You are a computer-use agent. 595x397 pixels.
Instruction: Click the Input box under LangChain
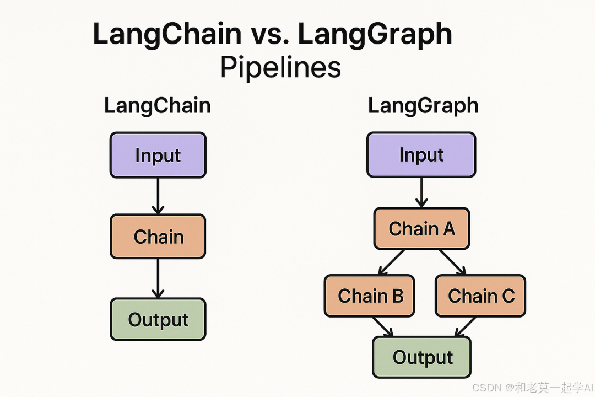[x=158, y=155]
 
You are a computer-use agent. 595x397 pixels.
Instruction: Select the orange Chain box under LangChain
[x=158, y=237]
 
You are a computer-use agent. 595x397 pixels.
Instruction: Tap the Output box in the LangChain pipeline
[x=158, y=319]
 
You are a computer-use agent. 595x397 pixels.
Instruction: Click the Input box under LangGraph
[x=421, y=155]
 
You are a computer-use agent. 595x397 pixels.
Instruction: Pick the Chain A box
[x=421, y=228]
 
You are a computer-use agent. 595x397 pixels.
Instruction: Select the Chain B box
[x=370, y=296]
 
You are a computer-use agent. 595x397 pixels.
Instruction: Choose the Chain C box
[x=480, y=296]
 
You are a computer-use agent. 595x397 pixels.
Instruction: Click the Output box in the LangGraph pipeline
[x=422, y=357]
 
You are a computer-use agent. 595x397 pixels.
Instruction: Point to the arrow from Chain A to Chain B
[x=392, y=261]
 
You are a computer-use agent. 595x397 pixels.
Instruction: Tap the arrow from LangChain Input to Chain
[x=158, y=195]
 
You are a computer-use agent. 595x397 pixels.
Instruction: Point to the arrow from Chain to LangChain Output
[x=158, y=278]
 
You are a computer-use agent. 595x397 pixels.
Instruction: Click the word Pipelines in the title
[x=280, y=68]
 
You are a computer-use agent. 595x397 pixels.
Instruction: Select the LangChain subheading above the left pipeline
[x=157, y=105]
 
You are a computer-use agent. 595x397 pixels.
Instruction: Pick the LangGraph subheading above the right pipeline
[x=423, y=105]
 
